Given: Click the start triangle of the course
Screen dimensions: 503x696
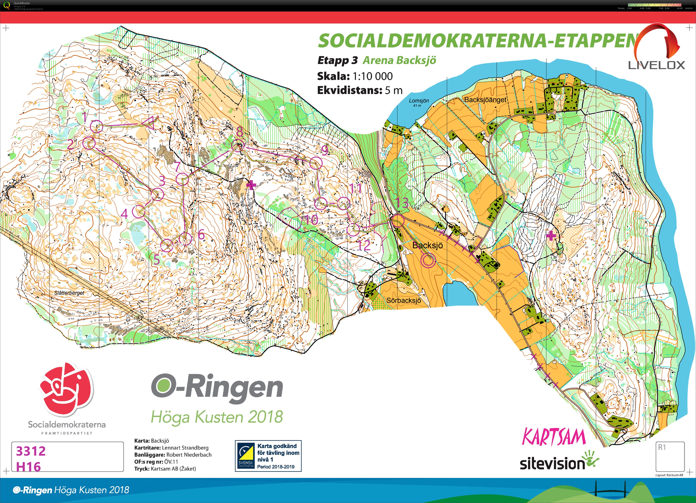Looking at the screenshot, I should [x=149, y=123].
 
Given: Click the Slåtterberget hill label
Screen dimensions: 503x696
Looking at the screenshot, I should [x=69, y=293].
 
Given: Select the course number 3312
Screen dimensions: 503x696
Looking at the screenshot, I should [x=31, y=451].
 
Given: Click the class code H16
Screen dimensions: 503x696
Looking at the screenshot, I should [x=28, y=467].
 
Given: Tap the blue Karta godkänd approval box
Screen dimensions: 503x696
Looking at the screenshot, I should [x=268, y=456].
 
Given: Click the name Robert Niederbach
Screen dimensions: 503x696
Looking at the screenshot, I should [x=189, y=455].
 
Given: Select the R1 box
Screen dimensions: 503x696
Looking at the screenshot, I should [x=670, y=456].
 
